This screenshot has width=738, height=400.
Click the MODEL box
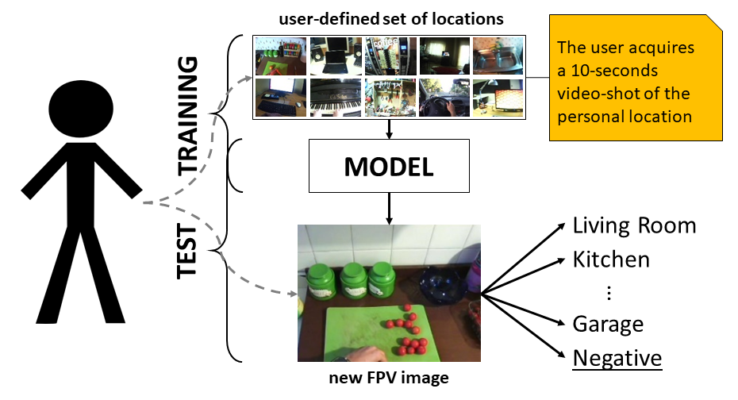[388, 167]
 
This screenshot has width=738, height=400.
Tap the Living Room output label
[634, 225]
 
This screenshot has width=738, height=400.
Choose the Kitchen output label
[611, 260]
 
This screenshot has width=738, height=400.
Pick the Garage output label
[608, 324]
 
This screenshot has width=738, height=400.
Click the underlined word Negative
[617, 358]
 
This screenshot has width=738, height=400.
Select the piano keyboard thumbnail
[336, 97]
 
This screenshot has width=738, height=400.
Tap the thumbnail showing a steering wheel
[444, 97]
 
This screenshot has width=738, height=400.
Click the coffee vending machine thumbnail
[390, 56]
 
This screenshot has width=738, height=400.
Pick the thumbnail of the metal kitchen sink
[498, 56]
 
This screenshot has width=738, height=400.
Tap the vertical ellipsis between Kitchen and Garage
[609, 292]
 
